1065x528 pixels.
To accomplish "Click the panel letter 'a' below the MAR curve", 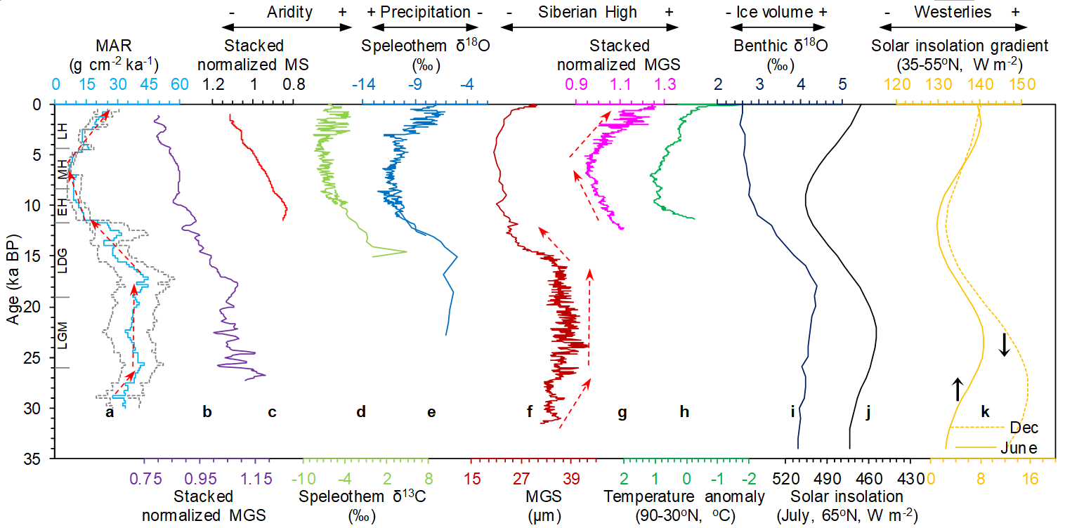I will point(109,413).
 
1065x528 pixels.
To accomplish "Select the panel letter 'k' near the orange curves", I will point(985,413).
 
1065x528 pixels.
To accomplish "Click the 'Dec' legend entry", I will point(1023,427).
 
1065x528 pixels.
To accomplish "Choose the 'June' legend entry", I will point(1021,447).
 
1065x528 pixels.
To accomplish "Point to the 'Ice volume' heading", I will point(780,12).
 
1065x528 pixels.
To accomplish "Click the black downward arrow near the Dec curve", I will point(1005,344).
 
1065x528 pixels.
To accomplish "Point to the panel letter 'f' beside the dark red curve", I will point(529,413).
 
